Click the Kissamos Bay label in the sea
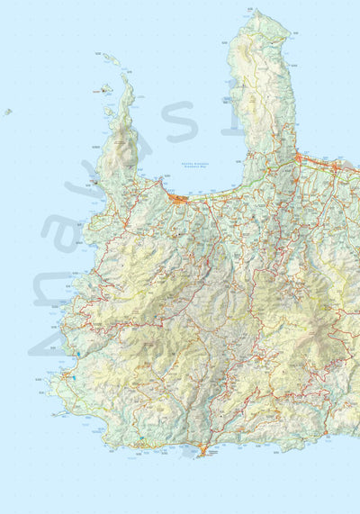(184, 165)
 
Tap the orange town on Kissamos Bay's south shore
(179, 197)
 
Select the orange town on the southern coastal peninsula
(203, 448)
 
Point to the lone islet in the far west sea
(7, 112)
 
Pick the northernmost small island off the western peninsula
(110, 59)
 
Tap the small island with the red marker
(105, 88)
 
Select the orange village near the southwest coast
(67, 375)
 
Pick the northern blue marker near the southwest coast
(79, 354)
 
